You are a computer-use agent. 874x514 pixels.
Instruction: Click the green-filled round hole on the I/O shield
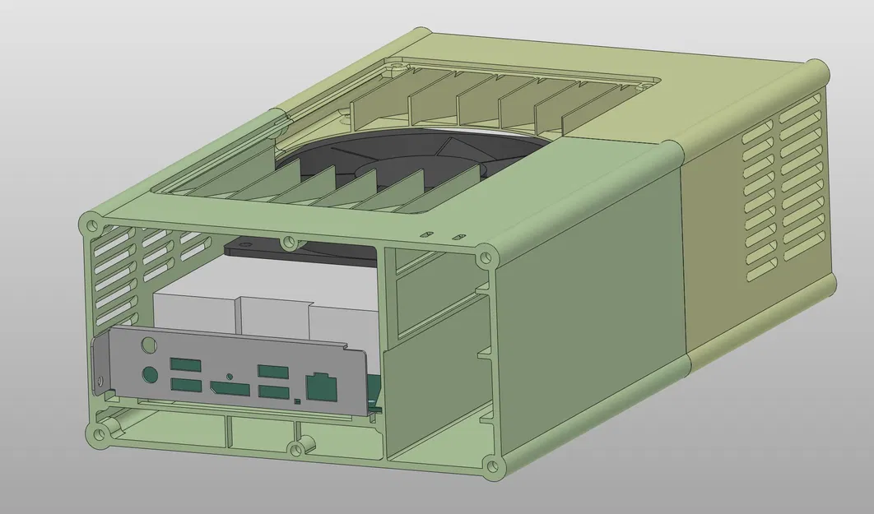coord(150,374)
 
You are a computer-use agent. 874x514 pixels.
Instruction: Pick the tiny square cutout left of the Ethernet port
coord(296,401)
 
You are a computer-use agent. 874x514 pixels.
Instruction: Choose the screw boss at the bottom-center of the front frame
coord(295,448)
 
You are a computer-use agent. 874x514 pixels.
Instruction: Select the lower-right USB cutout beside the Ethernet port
coord(272,391)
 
